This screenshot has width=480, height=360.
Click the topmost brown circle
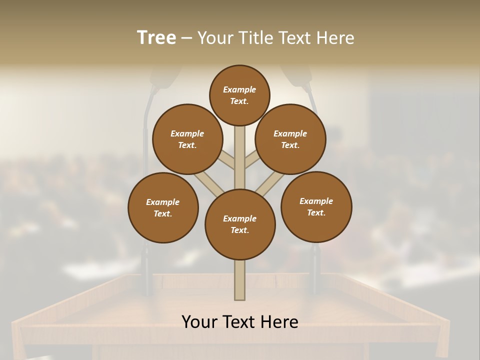[x=239, y=95]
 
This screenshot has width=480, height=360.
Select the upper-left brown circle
[x=187, y=139]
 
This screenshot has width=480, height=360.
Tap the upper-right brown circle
[x=290, y=139]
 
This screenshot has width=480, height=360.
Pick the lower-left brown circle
[x=163, y=207]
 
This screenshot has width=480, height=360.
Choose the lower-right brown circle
[x=316, y=207]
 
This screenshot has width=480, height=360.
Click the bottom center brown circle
[x=240, y=224]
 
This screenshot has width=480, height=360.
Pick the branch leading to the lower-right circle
[x=270, y=184]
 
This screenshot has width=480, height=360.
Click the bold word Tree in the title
[x=156, y=38]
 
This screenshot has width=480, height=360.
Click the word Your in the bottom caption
[x=200, y=322]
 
